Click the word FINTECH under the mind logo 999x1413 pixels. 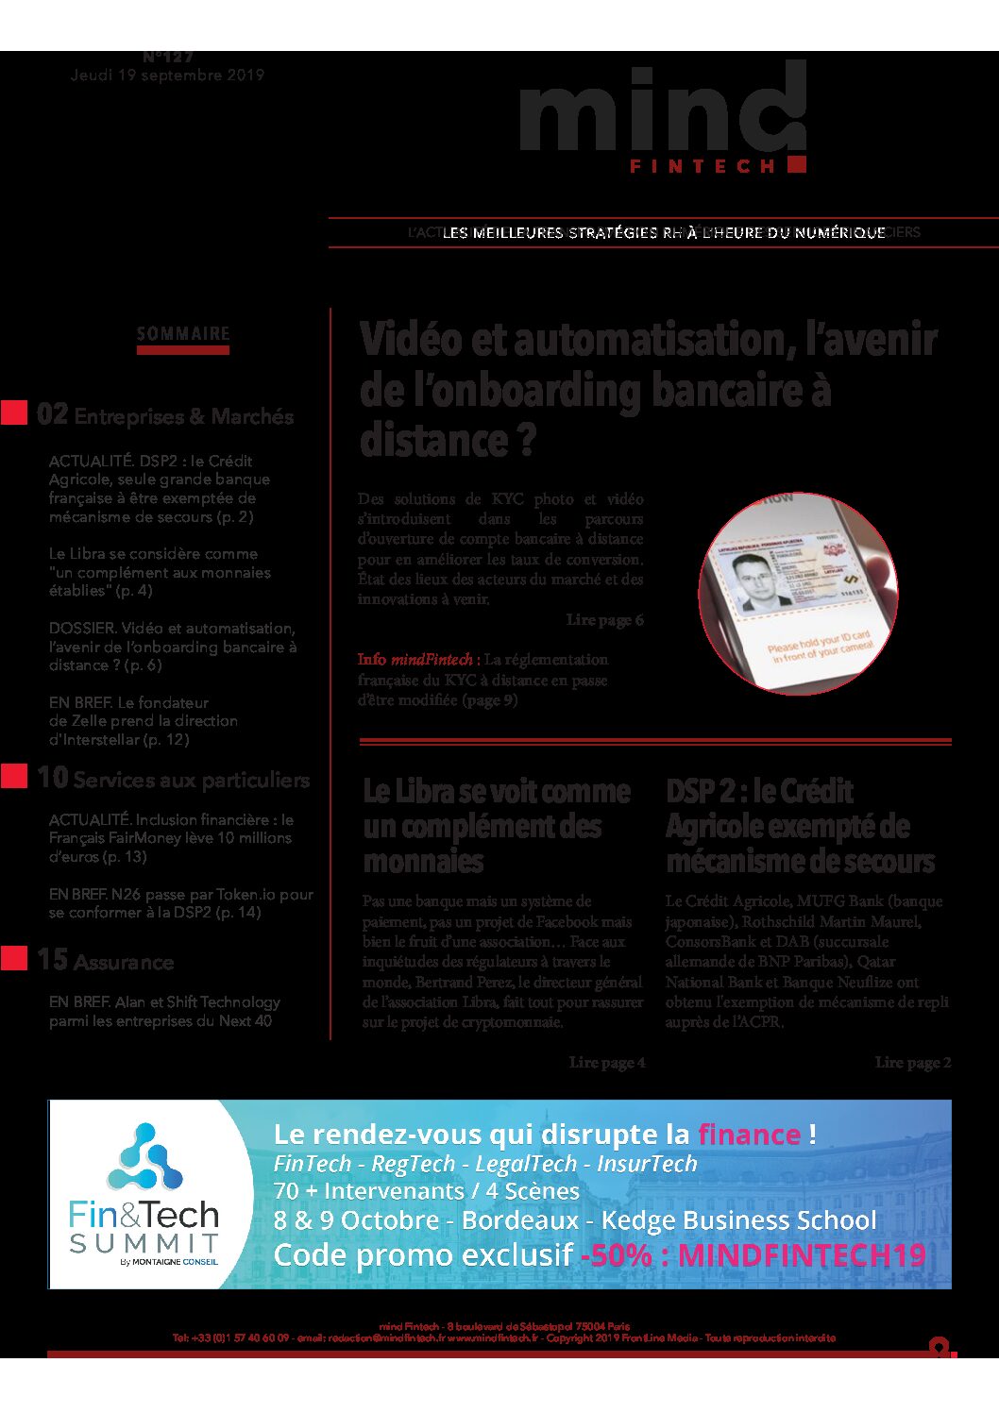[x=703, y=166]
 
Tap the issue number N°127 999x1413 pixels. [x=168, y=58]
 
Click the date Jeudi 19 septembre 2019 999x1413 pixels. [x=167, y=76]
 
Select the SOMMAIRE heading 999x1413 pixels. [x=183, y=334]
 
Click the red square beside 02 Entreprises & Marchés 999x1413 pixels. [x=14, y=413]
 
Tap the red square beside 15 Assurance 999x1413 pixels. [x=14, y=959]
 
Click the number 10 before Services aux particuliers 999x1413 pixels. [x=52, y=778]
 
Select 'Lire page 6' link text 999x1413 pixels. [x=604, y=620]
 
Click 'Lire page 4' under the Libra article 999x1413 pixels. [x=607, y=1063]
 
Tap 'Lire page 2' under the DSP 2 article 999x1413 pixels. [x=912, y=1063]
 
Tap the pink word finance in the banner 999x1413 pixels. [x=749, y=1134]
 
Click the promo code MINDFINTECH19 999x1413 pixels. [x=802, y=1255]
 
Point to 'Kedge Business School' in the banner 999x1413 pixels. [x=738, y=1220]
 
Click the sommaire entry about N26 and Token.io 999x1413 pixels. [x=180, y=903]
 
